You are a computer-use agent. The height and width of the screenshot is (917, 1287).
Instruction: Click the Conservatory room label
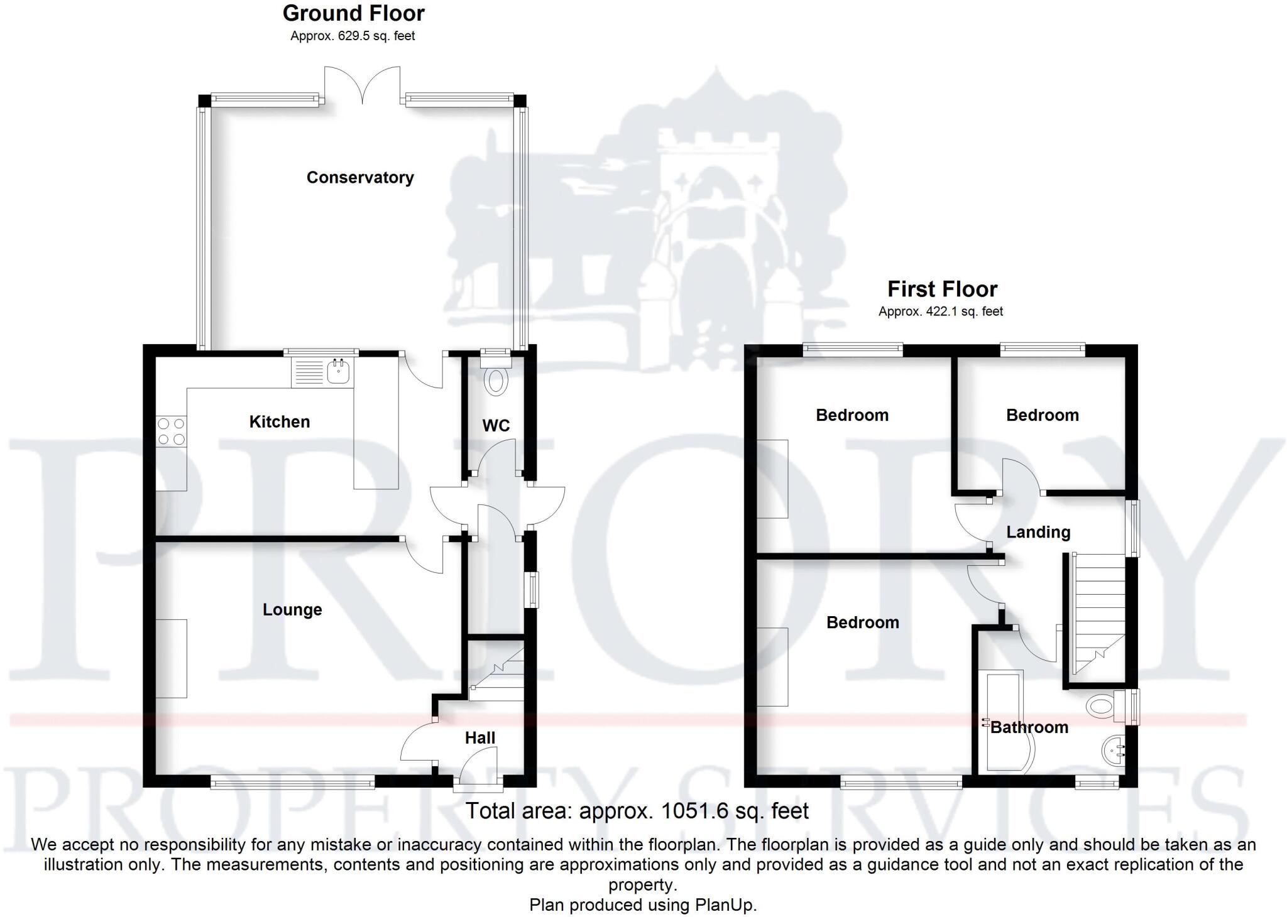click(360, 178)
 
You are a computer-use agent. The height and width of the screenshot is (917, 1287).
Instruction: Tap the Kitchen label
click(280, 421)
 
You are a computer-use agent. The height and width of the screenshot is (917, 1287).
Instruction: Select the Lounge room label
click(292, 609)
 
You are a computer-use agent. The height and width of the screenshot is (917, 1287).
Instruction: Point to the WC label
click(496, 426)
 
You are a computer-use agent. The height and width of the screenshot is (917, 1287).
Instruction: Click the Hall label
click(480, 737)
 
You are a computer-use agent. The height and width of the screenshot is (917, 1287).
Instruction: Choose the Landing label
click(1038, 532)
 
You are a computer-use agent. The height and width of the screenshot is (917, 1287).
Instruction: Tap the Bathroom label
click(1029, 727)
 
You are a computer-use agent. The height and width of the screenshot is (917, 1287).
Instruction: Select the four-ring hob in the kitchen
click(172, 431)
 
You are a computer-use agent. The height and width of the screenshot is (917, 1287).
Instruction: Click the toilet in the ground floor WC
click(496, 381)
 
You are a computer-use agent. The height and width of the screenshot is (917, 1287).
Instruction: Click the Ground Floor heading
click(353, 13)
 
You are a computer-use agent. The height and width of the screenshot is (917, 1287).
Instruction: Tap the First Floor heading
click(942, 289)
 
